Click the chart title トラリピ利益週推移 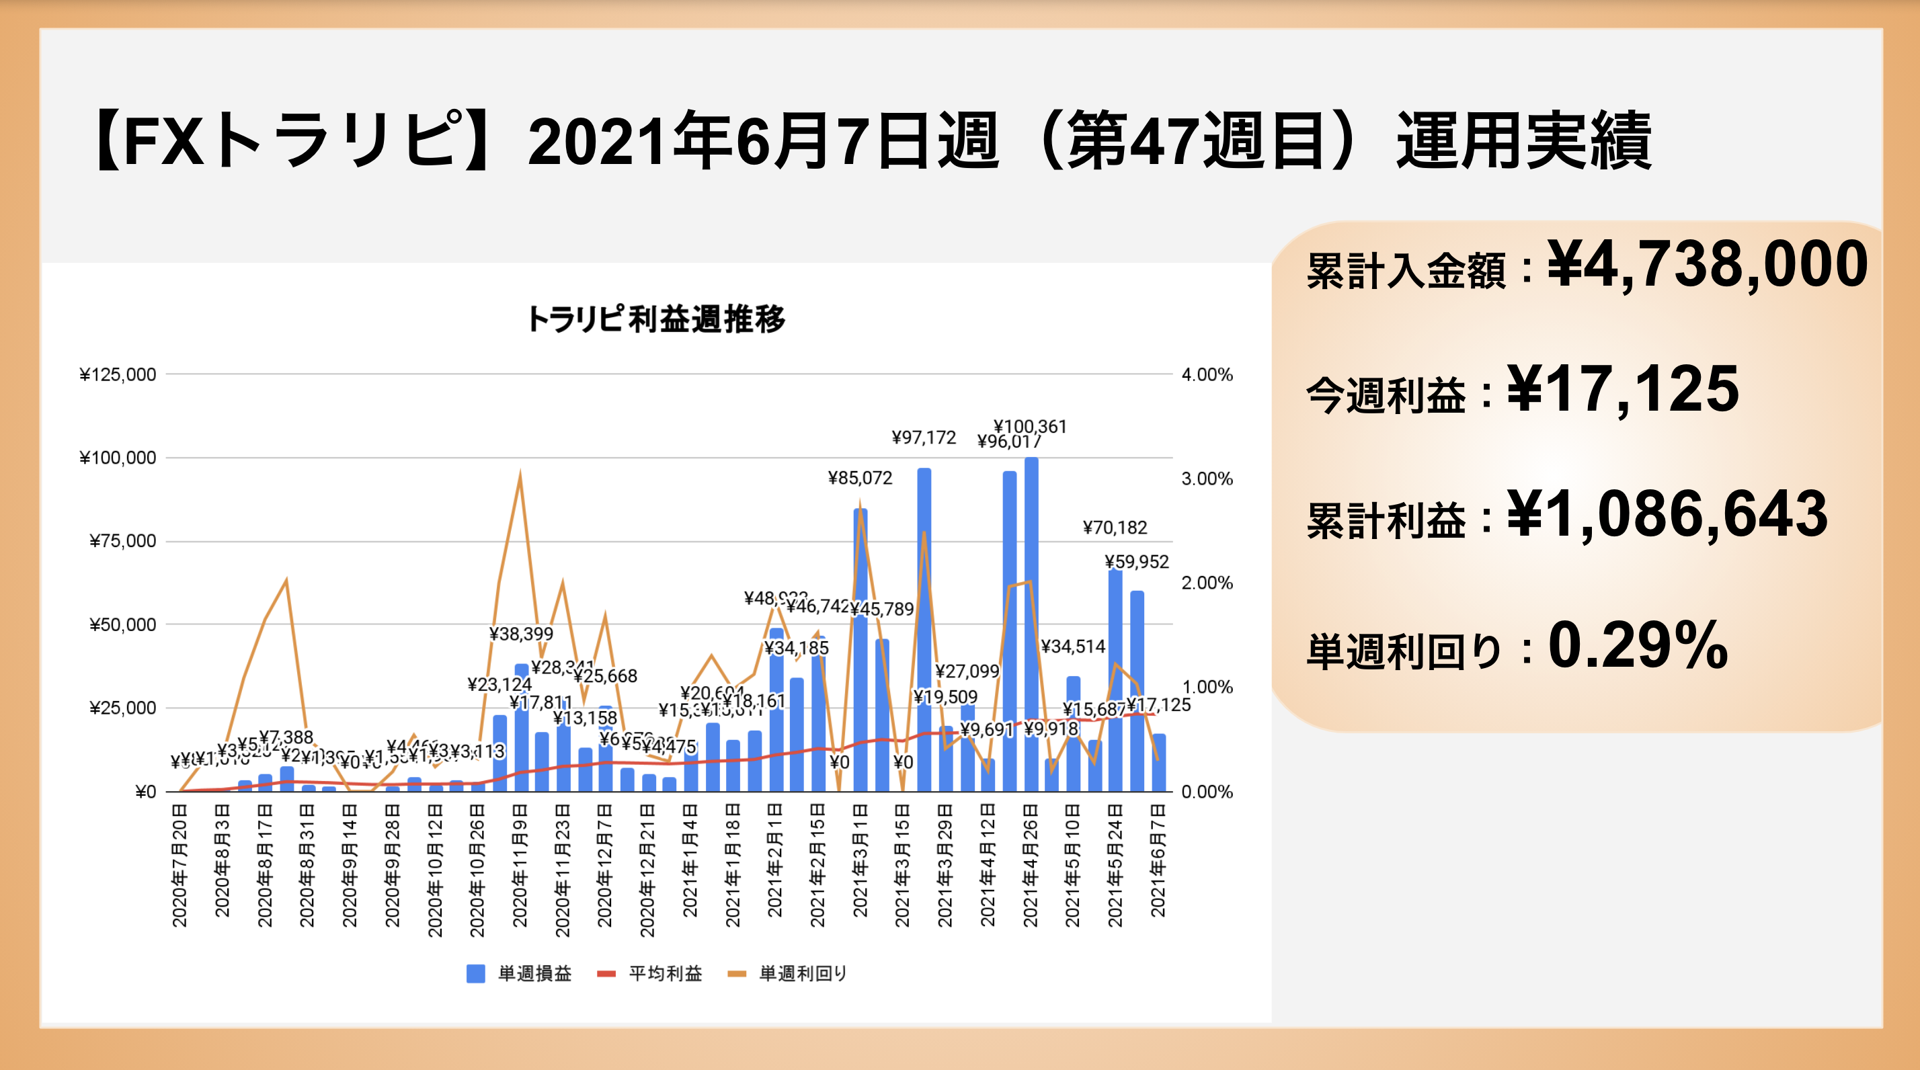tap(656, 319)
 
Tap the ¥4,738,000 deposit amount tap(1707, 265)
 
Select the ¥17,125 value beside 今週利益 tap(1623, 389)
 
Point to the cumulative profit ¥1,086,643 tap(1667, 514)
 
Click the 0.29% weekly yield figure tap(1638, 645)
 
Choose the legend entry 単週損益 tap(519, 973)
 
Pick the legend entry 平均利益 tap(650, 973)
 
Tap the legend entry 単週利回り tap(788, 973)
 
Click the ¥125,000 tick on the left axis tap(118, 375)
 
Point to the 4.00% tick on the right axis tap(1207, 375)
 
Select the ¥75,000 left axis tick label tap(122, 541)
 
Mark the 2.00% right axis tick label tap(1207, 583)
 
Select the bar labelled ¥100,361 tap(1031, 626)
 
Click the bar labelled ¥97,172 tap(924, 630)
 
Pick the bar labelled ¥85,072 tap(860, 649)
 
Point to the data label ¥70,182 tap(1115, 528)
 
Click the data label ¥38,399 tap(521, 634)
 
